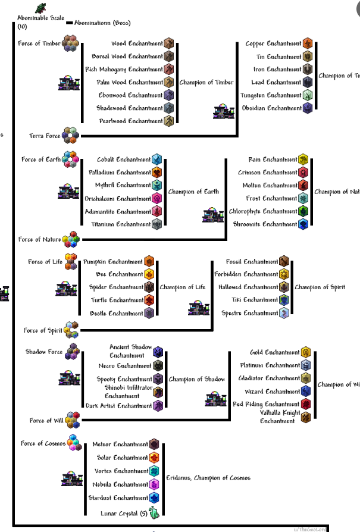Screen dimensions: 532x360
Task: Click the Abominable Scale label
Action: (x=40, y=18)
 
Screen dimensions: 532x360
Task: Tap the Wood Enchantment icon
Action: (x=169, y=43)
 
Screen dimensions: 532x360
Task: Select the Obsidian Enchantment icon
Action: (x=308, y=108)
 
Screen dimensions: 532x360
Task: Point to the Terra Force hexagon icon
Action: (x=70, y=135)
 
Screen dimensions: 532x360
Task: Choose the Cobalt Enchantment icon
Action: (x=156, y=159)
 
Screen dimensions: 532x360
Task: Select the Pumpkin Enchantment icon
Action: (x=149, y=261)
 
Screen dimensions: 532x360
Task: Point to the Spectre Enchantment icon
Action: (x=284, y=313)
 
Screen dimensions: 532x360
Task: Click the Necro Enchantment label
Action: (x=125, y=366)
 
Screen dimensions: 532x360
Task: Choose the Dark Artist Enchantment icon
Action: (x=158, y=406)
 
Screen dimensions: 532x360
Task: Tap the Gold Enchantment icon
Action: (x=306, y=352)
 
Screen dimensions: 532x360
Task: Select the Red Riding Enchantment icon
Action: (x=306, y=405)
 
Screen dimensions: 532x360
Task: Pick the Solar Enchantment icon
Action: (x=154, y=458)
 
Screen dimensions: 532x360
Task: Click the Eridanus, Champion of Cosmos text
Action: (x=208, y=478)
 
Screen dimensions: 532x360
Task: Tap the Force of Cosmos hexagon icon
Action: (x=74, y=443)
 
